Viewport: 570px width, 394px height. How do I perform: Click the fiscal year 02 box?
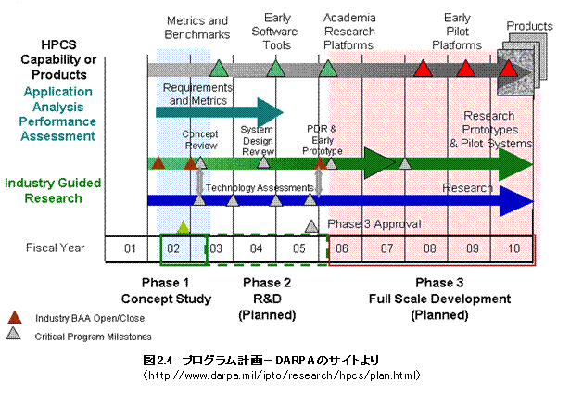tap(172, 248)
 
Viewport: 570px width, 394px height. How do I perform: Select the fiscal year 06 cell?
tap(342, 248)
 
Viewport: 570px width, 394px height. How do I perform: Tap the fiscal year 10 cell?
tap(514, 248)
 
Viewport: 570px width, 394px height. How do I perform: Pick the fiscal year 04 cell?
tap(256, 248)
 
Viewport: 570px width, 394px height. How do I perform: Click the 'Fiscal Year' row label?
tap(55, 248)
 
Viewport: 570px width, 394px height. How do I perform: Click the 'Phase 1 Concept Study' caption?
tap(166, 291)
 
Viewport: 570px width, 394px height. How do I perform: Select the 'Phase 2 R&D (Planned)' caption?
tap(267, 299)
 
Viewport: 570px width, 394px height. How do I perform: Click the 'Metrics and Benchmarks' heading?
tap(196, 27)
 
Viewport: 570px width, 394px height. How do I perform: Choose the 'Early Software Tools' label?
tap(276, 32)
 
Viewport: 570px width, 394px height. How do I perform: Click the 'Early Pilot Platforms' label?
tap(457, 32)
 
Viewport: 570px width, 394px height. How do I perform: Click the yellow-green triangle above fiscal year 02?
tap(184, 226)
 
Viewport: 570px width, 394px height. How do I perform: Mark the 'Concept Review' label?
tap(200, 139)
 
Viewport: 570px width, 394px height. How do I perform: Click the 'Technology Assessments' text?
tap(260, 188)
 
